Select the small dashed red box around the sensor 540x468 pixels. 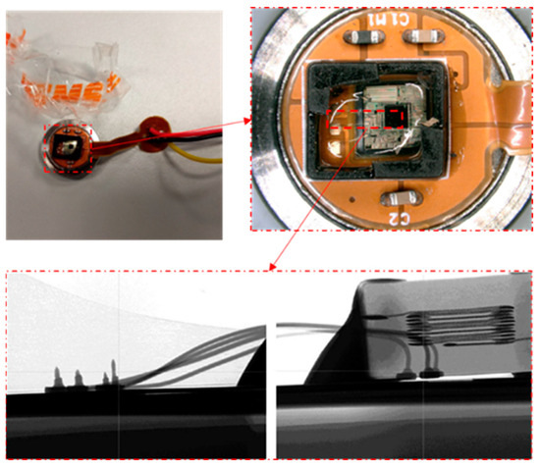point(70,150)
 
